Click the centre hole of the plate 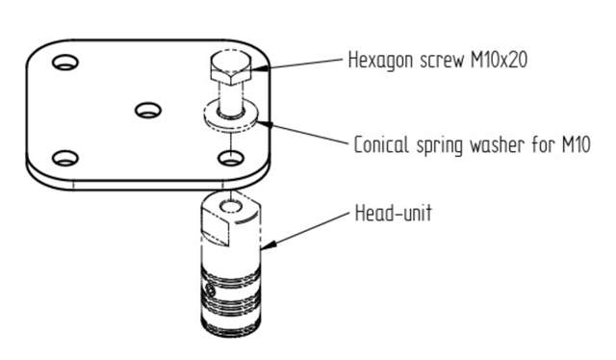tap(146, 111)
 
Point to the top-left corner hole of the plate tap(65, 64)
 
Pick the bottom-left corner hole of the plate tap(64, 158)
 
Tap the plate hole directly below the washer tap(228, 156)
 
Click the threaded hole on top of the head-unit tap(229, 205)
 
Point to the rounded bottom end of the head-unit tap(233, 327)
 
